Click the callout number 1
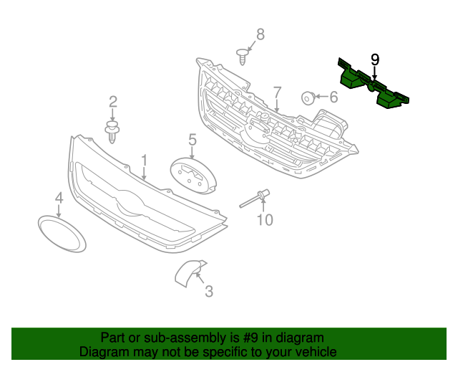coord(144,160)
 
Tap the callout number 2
coord(112,103)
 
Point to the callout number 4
coord(59,198)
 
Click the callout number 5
coord(193,138)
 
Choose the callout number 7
coord(277,93)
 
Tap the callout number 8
coord(260,34)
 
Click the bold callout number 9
coord(374,59)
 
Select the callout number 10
coord(265,219)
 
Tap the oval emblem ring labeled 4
coord(61,233)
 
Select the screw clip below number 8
coord(244,54)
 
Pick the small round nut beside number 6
coord(308,97)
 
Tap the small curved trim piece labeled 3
coord(187,272)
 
